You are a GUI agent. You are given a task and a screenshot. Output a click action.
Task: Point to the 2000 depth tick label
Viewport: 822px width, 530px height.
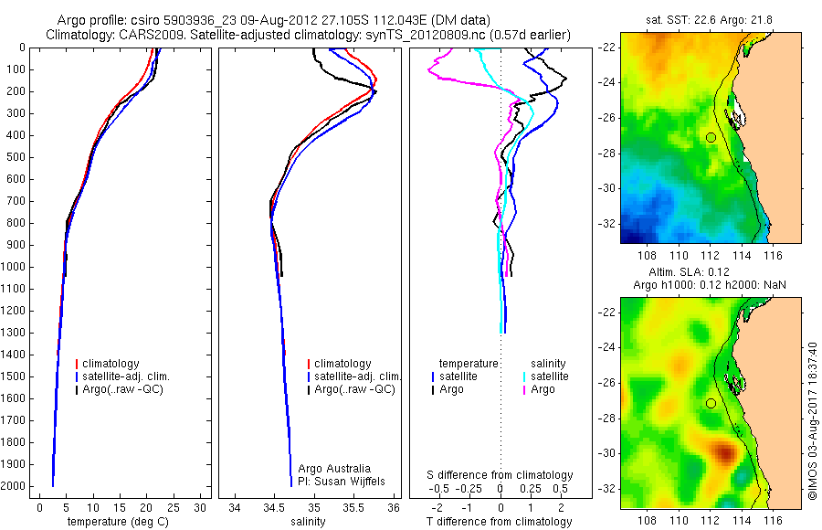tap(16, 486)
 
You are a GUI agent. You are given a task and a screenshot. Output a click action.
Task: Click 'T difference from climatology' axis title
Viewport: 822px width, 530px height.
tap(501, 522)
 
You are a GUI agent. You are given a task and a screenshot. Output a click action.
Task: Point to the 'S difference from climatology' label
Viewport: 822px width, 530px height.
tap(501, 475)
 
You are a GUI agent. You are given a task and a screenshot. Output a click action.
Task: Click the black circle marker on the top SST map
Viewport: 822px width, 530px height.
tap(711, 137)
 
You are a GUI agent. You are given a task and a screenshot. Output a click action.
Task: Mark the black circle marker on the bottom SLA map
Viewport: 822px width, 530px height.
tap(711, 403)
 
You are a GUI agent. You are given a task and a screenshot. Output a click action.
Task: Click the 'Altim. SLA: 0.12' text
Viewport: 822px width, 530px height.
tap(701, 272)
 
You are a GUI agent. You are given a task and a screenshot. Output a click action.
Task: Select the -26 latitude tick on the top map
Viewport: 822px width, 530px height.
tap(606, 118)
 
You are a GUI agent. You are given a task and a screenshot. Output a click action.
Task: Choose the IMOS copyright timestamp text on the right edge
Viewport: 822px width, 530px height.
tap(812, 420)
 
